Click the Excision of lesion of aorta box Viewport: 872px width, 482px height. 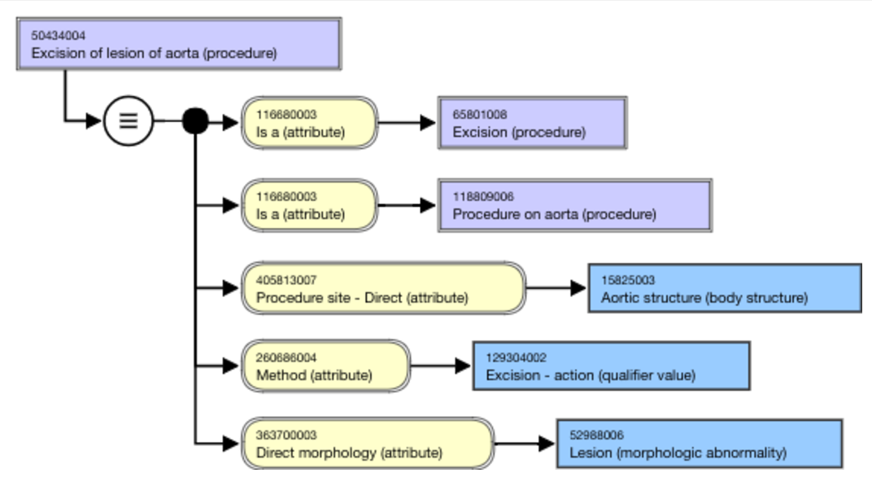[x=179, y=44]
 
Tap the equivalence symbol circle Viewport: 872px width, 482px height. [x=129, y=120]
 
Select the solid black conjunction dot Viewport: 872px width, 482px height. [x=195, y=120]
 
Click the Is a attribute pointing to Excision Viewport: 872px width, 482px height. [x=310, y=123]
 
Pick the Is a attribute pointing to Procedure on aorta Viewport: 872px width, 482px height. [x=310, y=205]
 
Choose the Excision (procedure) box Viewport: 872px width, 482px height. [x=533, y=123]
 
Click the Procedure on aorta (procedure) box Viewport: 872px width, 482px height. [x=575, y=205]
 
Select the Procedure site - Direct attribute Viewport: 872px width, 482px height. [x=384, y=288]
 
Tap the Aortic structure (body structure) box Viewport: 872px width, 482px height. [x=726, y=288]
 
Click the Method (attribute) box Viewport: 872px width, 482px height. [x=326, y=366]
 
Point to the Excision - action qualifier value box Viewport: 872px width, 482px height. [x=612, y=366]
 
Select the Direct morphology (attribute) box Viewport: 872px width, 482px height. [x=368, y=444]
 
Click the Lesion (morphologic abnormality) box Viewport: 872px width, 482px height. [x=700, y=444]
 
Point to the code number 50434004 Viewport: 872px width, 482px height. [x=59, y=36]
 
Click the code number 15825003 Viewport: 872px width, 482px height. [x=628, y=280]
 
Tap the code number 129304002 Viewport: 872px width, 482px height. [x=516, y=357]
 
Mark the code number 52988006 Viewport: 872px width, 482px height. [x=596, y=435]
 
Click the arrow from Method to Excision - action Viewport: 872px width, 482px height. [x=440, y=366]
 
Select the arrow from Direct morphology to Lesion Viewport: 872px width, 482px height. [x=525, y=444]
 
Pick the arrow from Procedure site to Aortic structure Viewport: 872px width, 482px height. [x=556, y=288]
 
